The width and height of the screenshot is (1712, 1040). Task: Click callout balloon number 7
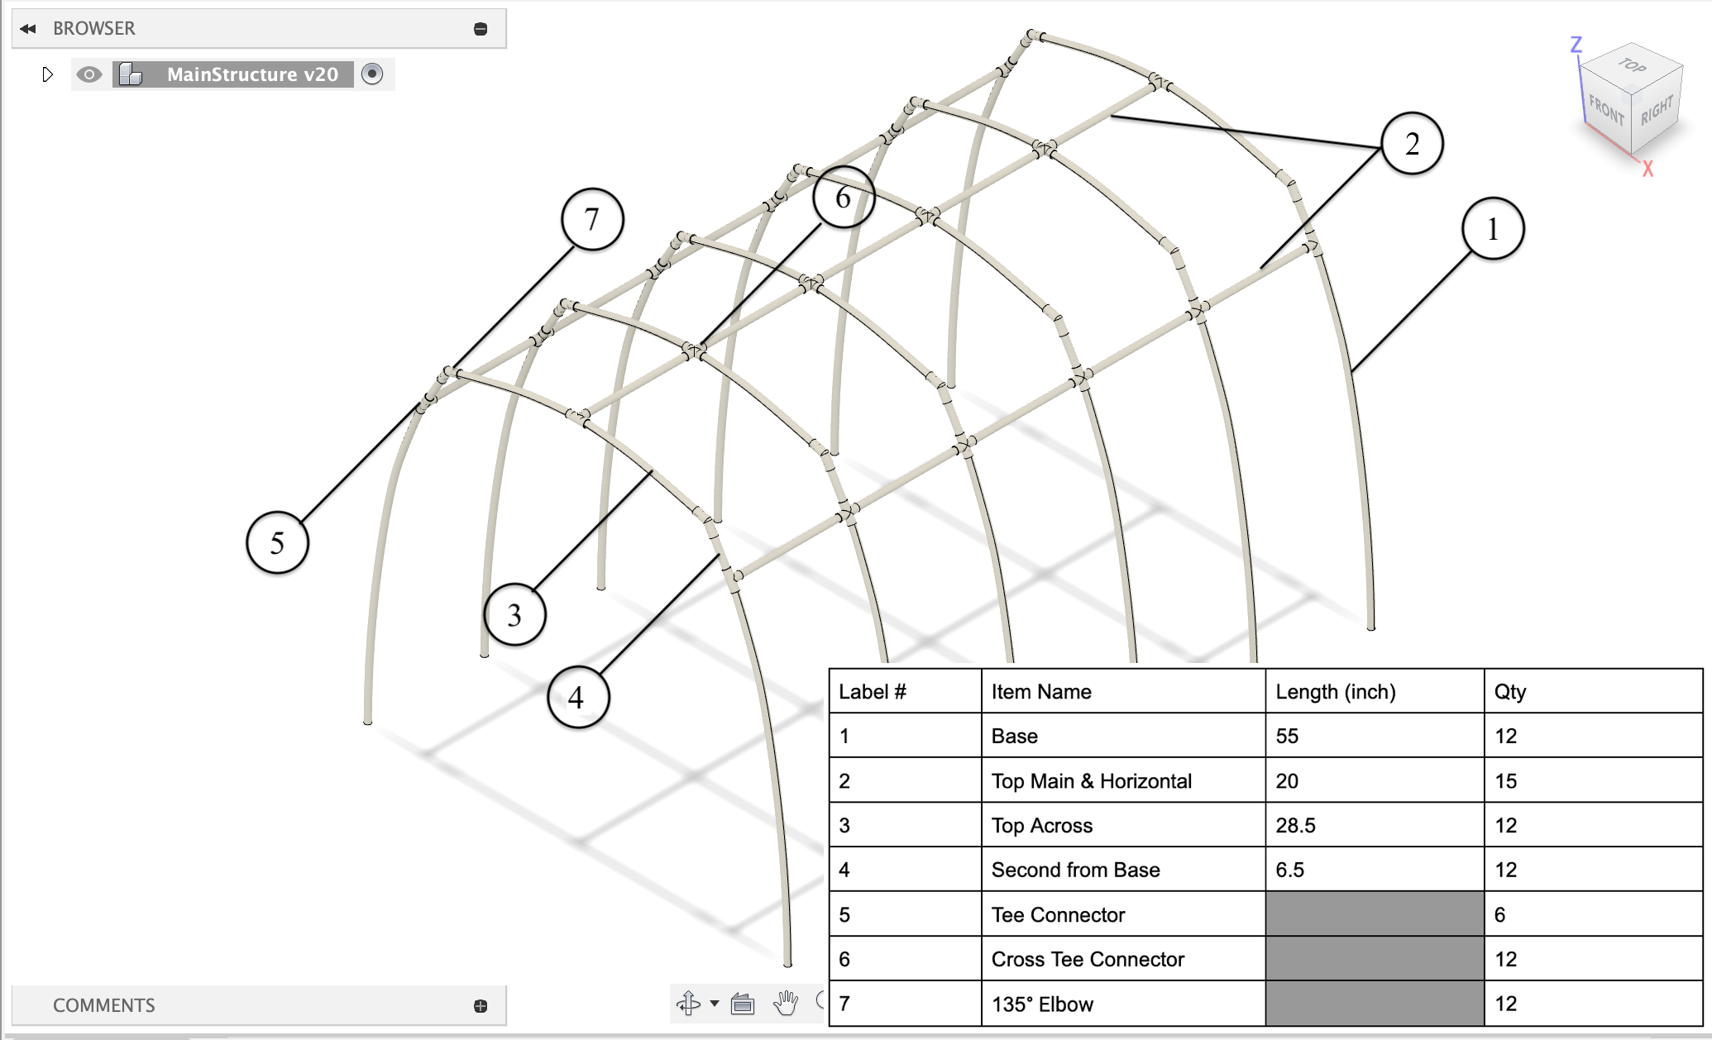[x=592, y=220]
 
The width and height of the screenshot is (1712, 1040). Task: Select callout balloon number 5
[x=277, y=543]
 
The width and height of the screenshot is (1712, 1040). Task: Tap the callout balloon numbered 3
[x=514, y=615]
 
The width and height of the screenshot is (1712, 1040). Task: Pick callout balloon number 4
[x=577, y=698]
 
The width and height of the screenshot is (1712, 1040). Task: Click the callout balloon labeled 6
[x=843, y=198]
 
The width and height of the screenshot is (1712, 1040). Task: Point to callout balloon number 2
[x=1412, y=144]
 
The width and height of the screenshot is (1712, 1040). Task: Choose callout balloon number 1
[x=1492, y=229]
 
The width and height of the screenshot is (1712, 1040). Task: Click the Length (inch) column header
[x=1335, y=692]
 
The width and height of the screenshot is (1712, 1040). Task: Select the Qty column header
[x=1509, y=692]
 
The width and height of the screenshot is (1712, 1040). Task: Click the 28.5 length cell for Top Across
[x=1295, y=825]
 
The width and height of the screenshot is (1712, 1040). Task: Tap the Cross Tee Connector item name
[x=1088, y=959]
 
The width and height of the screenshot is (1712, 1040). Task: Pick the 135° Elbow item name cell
[x=1042, y=1004]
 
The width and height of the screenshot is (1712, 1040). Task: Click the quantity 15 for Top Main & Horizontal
[x=1505, y=781]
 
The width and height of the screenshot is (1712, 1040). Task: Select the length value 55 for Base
[x=1287, y=736]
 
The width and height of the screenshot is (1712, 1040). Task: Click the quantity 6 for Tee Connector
[x=1499, y=914]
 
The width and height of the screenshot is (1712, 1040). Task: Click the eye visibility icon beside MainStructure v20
[x=88, y=74]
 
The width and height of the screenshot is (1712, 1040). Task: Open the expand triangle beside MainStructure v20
[x=47, y=74]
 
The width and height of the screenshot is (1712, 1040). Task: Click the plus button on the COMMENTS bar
[x=481, y=1005]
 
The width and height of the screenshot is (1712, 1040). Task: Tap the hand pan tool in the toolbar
[x=785, y=1003]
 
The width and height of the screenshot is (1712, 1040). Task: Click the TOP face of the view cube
[x=1631, y=66]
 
